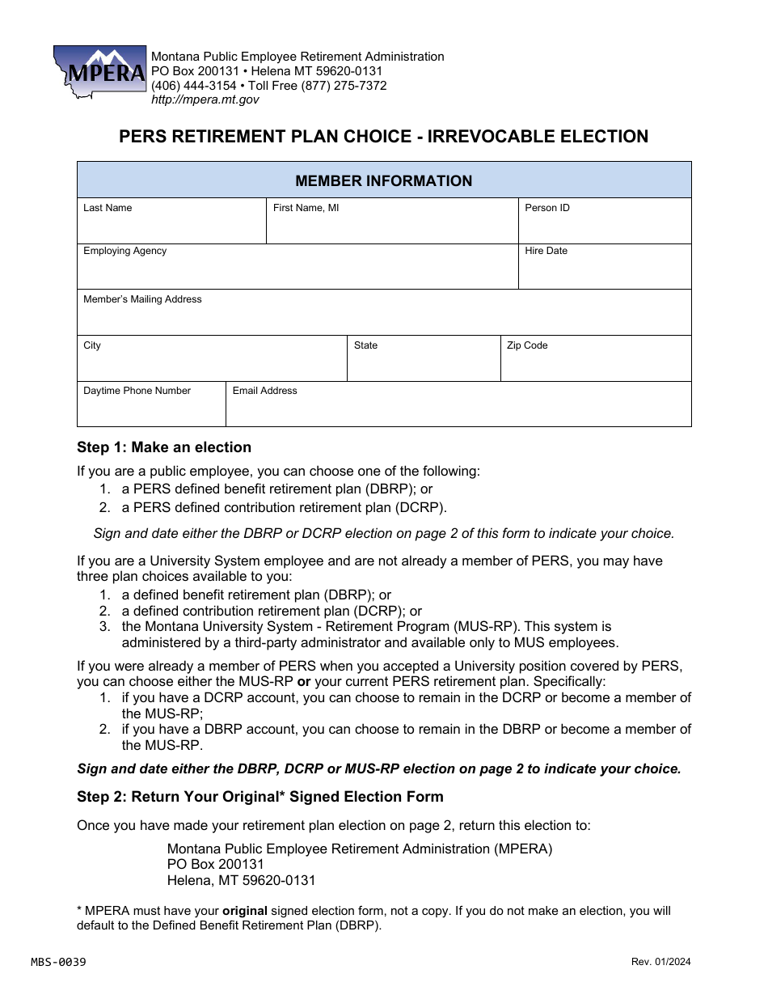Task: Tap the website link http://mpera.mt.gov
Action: (205, 99)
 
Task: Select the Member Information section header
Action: (384, 180)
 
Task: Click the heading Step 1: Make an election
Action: (164, 447)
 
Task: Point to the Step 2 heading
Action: (260, 797)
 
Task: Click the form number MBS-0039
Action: (58, 962)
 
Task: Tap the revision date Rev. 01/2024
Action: (661, 962)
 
